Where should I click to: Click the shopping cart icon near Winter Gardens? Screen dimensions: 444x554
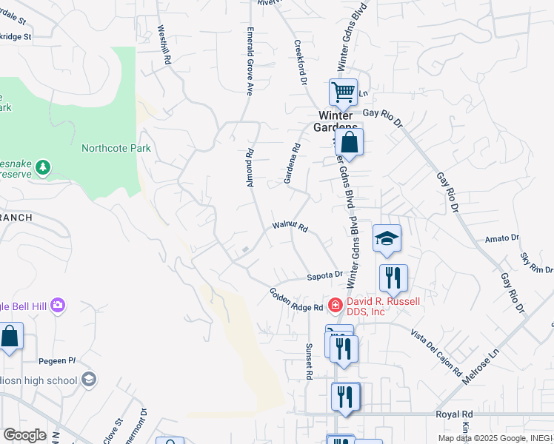[344, 92]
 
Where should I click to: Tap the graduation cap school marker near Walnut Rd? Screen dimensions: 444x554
[387, 238]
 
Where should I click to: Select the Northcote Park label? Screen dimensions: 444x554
[116, 148]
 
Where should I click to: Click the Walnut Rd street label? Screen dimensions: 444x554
[290, 227]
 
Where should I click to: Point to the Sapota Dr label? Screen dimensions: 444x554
[325, 277]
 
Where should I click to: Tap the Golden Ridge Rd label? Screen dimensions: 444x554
[296, 300]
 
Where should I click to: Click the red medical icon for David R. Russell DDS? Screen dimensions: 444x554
[335, 304]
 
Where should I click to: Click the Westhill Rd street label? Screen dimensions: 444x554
[164, 44]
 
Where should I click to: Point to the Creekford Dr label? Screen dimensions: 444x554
[300, 62]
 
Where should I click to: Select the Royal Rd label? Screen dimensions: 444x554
[454, 414]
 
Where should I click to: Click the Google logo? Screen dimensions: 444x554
[24, 435]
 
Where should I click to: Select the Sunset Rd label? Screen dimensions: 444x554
[309, 361]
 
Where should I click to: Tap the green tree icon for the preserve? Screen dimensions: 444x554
[44, 167]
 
